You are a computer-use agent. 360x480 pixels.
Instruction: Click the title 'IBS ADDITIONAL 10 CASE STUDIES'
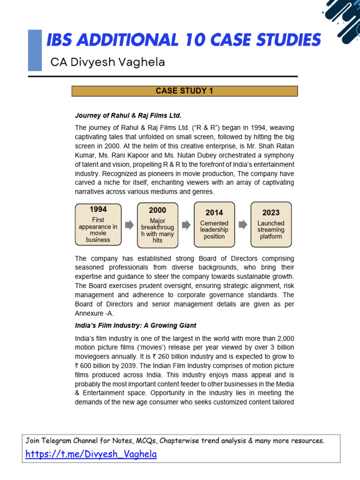coord(183,40)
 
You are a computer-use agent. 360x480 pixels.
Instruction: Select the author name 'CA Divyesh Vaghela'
coord(107,62)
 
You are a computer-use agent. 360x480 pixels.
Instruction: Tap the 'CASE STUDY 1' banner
coord(184,91)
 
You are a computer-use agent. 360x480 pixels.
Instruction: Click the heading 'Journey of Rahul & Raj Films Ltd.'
coord(128,115)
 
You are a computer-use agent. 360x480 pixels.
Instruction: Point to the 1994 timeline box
coord(98,224)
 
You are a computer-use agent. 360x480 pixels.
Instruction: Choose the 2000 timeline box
coord(157,225)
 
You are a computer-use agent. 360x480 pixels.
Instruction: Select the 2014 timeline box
coord(214,225)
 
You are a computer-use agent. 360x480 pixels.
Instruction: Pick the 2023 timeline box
coord(271,225)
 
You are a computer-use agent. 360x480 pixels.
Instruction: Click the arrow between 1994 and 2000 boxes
coord(129,225)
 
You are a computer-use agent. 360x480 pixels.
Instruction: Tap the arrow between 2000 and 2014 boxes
coord(186,225)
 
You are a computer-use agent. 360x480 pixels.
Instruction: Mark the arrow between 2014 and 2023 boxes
coord(243,225)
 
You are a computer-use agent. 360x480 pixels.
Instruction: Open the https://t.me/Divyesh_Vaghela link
coord(91,454)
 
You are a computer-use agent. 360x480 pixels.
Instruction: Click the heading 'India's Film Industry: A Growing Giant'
coord(135,325)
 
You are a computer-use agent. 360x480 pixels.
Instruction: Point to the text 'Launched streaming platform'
coord(271,230)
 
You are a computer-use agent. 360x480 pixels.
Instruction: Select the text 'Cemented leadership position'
coord(214,230)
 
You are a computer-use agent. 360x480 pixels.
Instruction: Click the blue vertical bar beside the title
coord(35,51)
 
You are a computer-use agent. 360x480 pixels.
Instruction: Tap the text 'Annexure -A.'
coord(94,313)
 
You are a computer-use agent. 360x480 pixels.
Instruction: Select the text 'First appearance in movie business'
coord(98,230)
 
